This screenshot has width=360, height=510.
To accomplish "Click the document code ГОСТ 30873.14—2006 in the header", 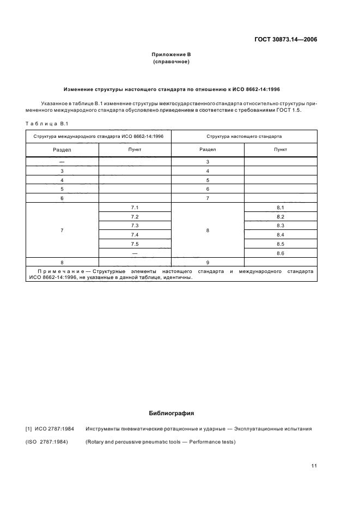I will (286, 39).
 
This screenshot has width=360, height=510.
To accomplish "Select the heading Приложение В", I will (171, 55).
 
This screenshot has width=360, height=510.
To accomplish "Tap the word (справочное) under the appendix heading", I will (171, 62).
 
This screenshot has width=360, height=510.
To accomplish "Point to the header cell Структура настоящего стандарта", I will (244, 136).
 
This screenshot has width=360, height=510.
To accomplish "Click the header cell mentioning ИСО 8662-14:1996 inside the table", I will (99, 136).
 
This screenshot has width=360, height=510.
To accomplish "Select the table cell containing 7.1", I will (135, 208).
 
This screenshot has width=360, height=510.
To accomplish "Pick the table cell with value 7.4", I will (135, 235).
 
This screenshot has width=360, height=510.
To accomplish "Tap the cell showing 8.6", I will (280, 253).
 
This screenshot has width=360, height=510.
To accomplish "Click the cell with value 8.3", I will (280, 226).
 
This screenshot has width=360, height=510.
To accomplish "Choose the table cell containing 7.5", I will (135, 244).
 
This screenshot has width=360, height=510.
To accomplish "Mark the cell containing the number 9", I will (208, 262).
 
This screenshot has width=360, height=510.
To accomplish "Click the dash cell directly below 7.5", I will (135, 253).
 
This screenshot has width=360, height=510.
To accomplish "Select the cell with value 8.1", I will (280, 208).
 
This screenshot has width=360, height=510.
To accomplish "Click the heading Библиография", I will (171, 413).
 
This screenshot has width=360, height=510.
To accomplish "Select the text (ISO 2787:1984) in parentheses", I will (46, 442).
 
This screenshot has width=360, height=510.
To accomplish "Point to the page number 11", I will (314, 466).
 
